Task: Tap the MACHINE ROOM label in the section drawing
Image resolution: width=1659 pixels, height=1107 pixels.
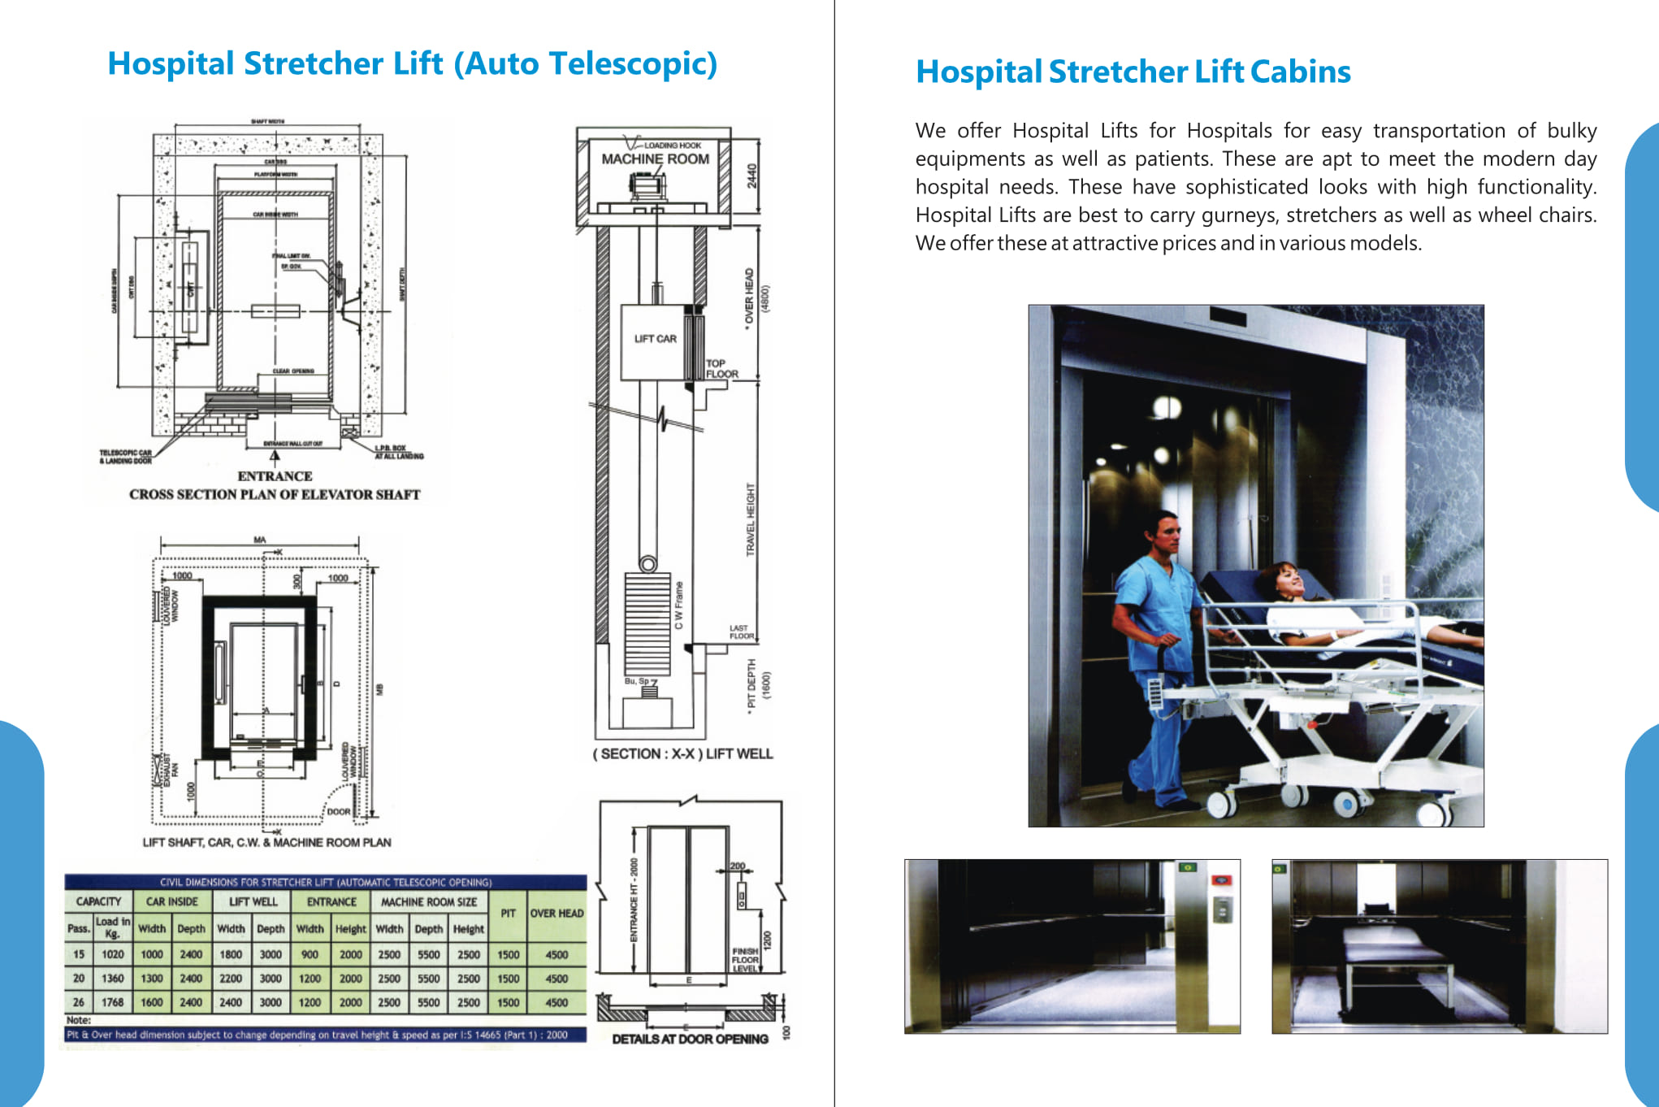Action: pos(655,159)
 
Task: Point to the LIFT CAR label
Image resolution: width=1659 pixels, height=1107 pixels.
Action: pos(655,339)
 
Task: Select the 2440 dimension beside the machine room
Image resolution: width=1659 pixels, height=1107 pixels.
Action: pos(752,176)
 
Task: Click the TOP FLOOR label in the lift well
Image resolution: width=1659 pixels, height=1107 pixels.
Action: pos(721,369)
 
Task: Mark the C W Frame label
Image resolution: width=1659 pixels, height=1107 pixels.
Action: pos(679,606)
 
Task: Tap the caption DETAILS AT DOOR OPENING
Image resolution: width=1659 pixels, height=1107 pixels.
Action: pos(690,1039)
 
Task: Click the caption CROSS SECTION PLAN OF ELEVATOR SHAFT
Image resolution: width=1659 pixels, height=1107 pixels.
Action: pos(275,494)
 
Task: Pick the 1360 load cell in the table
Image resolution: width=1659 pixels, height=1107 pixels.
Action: pos(113,979)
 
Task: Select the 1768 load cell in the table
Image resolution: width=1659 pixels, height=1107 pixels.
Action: pos(113,1002)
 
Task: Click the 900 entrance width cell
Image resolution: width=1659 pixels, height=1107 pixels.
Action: pos(310,954)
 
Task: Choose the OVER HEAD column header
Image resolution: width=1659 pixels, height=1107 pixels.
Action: pos(557,913)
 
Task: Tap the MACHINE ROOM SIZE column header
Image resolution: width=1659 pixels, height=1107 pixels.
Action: pos(429,901)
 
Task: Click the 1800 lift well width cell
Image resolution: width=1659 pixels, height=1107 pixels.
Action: pos(231,954)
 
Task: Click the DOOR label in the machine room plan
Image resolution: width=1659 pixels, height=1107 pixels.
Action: pos(338,811)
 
